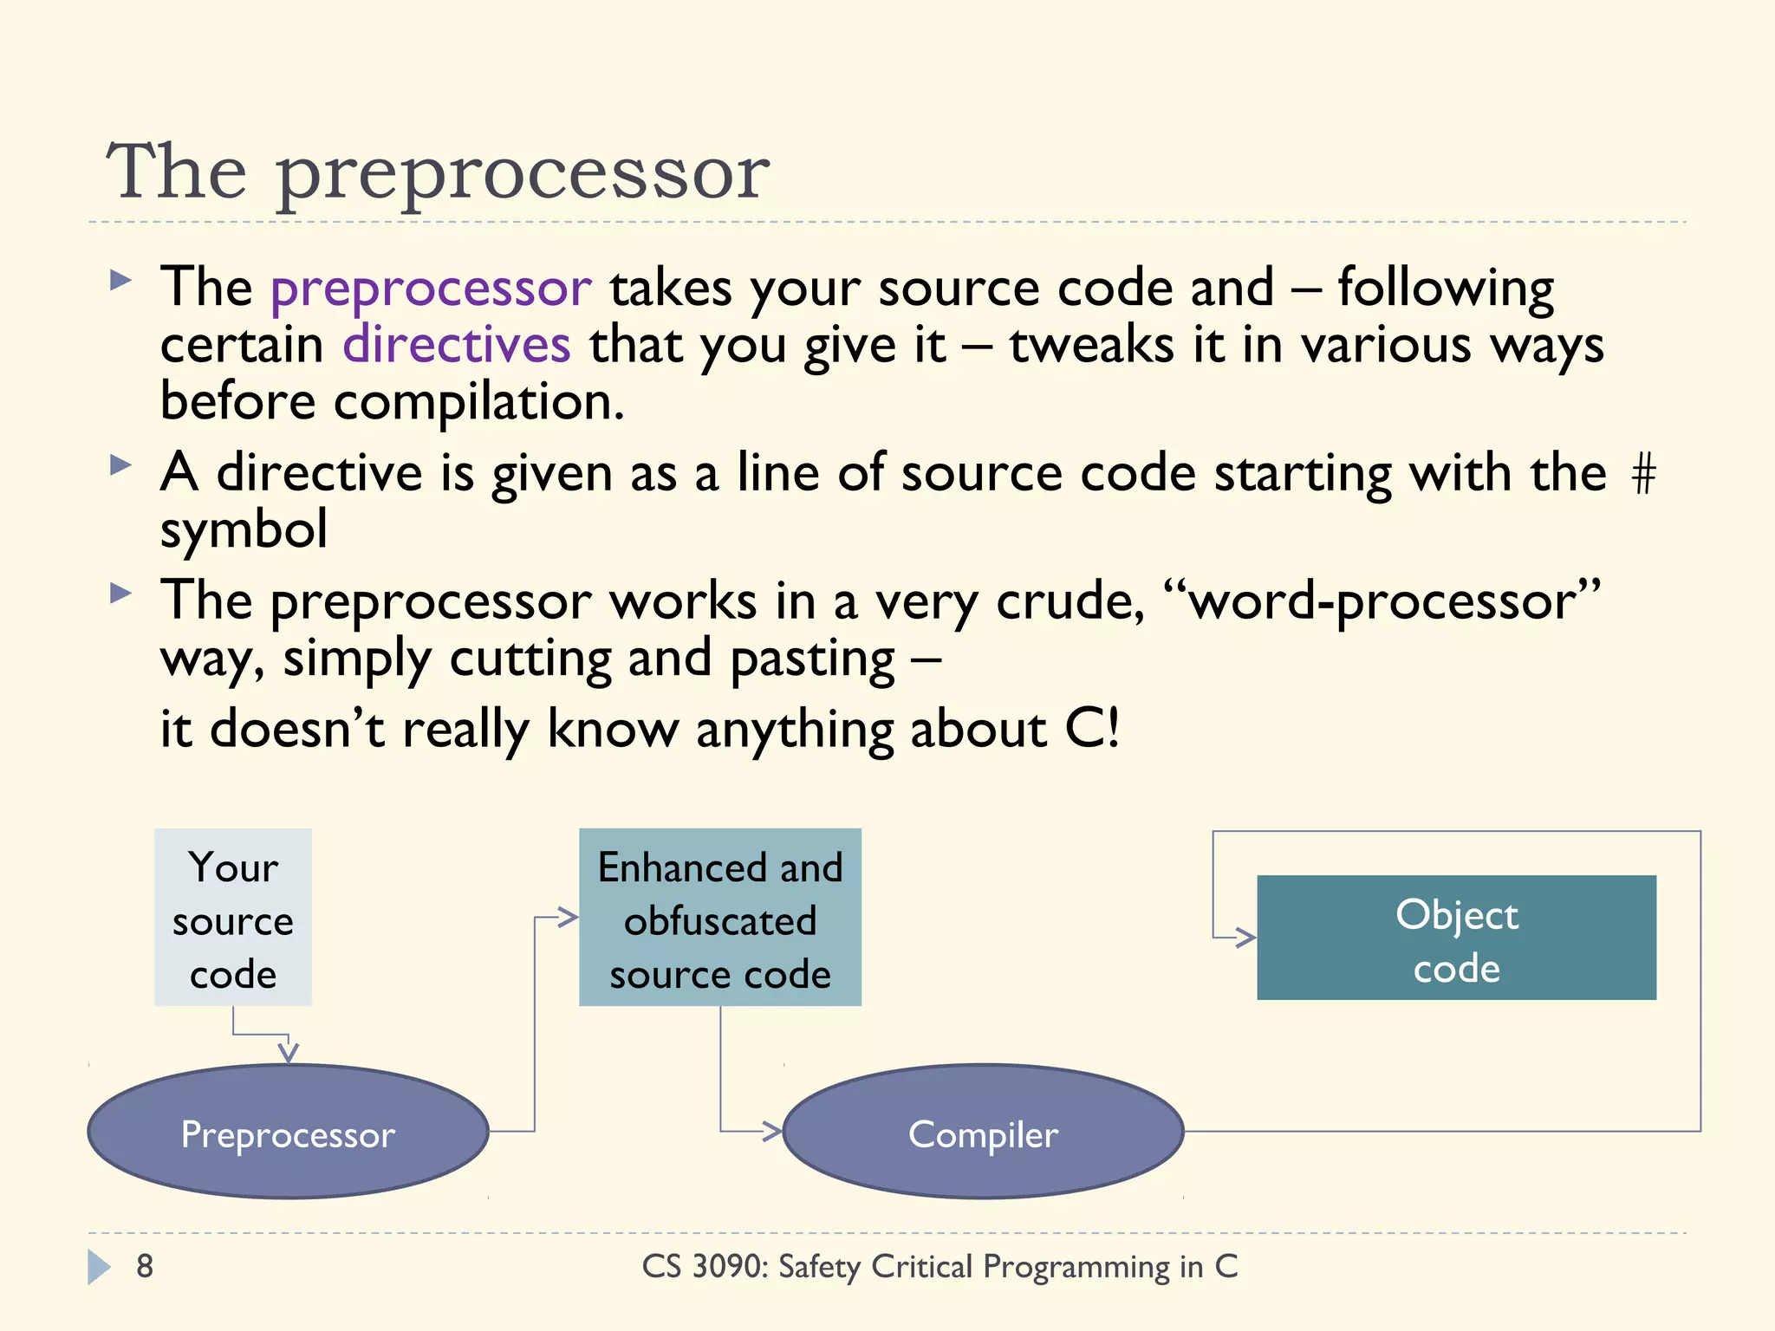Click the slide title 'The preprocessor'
click(x=438, y=172)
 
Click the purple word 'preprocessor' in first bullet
click(x=431, y=288)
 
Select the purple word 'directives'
click(x=457, y=345)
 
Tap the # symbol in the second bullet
click(x=1643, y=475)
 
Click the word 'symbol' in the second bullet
click(x=244, y=529)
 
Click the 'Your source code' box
click(x=232, y=917)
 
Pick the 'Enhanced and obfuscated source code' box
click(x=719, y=917)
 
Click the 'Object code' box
click(x=1456, y=938)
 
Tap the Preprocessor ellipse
click(x=288, y=1132)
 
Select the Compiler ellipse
click(x=983, y=1132)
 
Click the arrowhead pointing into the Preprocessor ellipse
click(x=289, y=1054)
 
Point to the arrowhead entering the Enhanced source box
click(x=569, y=917)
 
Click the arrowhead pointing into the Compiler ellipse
click(x=773, y=1131)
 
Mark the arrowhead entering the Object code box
click(x=1246, y=938)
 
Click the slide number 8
click(x=145, y=1266)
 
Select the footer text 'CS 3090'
click(x=705, y=1266)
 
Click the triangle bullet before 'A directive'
click(x=120, y=465)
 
